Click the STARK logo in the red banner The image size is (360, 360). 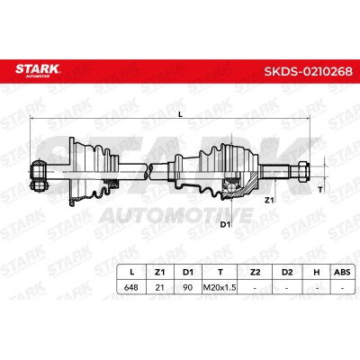38,70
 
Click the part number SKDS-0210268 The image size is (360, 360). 308,71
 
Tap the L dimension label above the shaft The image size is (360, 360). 180,114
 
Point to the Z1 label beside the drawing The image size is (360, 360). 269,200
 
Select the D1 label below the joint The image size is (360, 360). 225,224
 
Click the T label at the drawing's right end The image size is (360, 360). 320,190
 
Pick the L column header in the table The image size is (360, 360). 131,272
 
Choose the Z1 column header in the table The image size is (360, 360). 159,272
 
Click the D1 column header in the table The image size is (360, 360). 188,272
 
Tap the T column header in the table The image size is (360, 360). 220,272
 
